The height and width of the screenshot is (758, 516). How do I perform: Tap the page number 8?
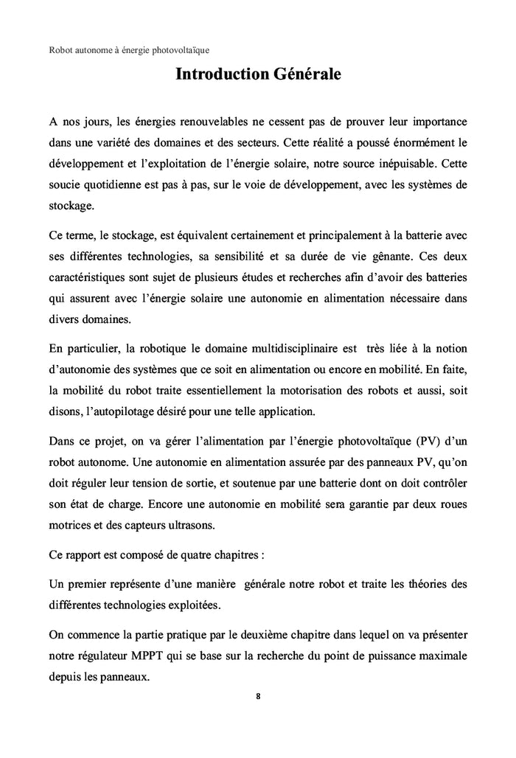(x=258, y=695)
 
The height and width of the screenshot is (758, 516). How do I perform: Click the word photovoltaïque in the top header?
(x=178, y=50)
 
